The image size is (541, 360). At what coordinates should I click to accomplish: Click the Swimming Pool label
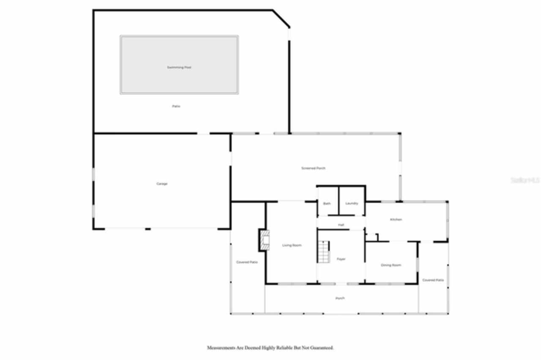(x=179, y=67)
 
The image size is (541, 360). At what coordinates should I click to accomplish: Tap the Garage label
(x=162, y=184)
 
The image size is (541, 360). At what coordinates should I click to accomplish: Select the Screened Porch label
(x=313, y=168)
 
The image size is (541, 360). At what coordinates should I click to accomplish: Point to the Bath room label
(x=327, y=204)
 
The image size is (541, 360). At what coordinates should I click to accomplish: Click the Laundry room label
(x=352, y=204)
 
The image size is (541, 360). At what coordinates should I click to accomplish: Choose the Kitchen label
(x=396, y=220)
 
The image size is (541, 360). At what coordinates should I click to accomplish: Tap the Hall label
(x=341, y=225)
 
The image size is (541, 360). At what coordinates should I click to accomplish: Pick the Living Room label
(x=292, y=245)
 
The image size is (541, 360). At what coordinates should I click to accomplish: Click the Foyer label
(x=341, y=259)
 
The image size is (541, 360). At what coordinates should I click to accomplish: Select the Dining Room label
(x=391, y=265)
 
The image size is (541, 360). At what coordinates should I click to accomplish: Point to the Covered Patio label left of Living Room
(x=247, y=262)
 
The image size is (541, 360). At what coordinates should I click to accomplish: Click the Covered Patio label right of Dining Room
(x=433, y=280)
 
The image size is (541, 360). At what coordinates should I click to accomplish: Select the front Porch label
(x=340, y=298)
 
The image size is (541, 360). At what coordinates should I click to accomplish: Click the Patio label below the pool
(x=176, y=106)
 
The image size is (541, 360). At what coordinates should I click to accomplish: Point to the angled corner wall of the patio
(x=281, y=18)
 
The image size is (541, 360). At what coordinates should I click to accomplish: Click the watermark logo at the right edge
(x=525, y=180)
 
